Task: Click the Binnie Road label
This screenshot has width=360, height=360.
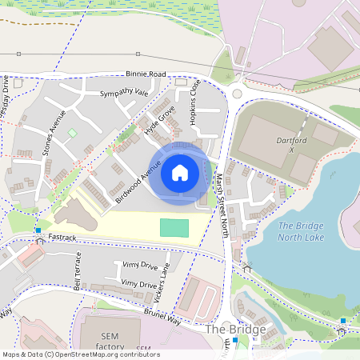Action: point(146,74)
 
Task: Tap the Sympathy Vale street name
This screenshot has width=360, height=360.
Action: point(124,94)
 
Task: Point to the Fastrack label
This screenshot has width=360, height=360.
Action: point(61,238)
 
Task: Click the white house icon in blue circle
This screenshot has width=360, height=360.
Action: point(180,172)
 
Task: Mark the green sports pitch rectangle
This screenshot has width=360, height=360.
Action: point(174,227)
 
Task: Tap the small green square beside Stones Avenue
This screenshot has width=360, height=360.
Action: point(73,132)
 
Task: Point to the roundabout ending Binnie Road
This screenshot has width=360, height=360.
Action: point(237,94)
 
